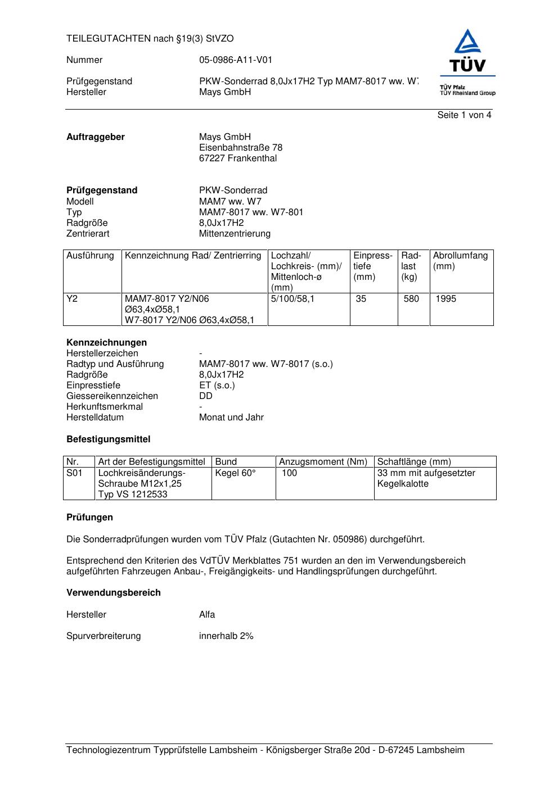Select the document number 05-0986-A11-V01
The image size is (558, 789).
tap(236, 60)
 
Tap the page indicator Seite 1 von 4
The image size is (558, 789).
tap(464, 115)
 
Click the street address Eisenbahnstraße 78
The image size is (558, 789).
tap(241, 148)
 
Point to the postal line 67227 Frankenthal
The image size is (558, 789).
tap(238, 158)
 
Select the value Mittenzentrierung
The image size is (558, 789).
tap(235, 234)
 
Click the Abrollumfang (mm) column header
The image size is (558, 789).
tap(460, 261)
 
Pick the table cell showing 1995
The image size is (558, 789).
tap(446, 299)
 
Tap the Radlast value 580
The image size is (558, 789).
tap(411, 299)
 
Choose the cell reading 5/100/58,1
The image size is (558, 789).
tap(292, 299)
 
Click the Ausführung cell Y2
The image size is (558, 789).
tap(72, 299)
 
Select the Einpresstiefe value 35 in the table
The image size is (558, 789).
tap(361, 299)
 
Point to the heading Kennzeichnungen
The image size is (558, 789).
tap(106, 343)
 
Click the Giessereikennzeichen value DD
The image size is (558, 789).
tap(206, 396)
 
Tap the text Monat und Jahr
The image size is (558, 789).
tap(231, 418)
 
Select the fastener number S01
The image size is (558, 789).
tap(74, 473)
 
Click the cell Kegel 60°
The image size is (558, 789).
tap(235, 473)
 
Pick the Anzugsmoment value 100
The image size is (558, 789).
tap(290, 473)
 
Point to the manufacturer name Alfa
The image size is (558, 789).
tap(207, 615)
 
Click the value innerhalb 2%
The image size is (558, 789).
tap(226, 636)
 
